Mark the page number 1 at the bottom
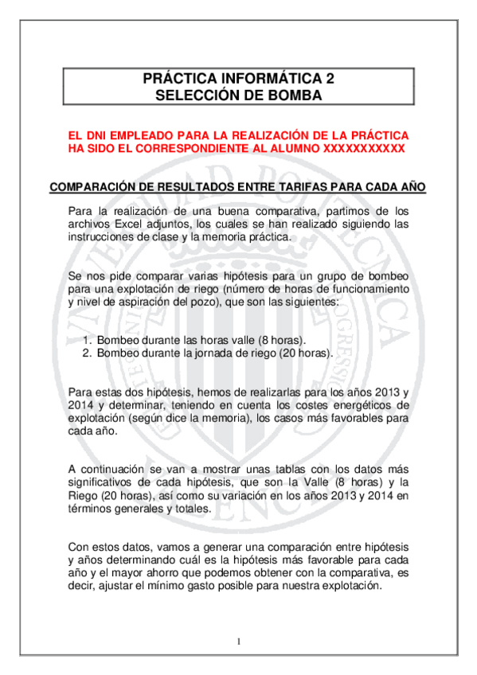238,641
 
